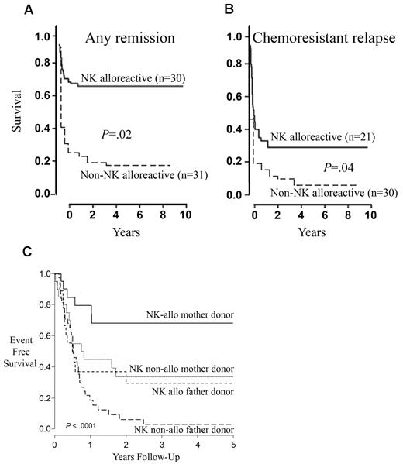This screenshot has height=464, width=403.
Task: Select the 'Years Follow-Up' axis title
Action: point(146,458)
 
